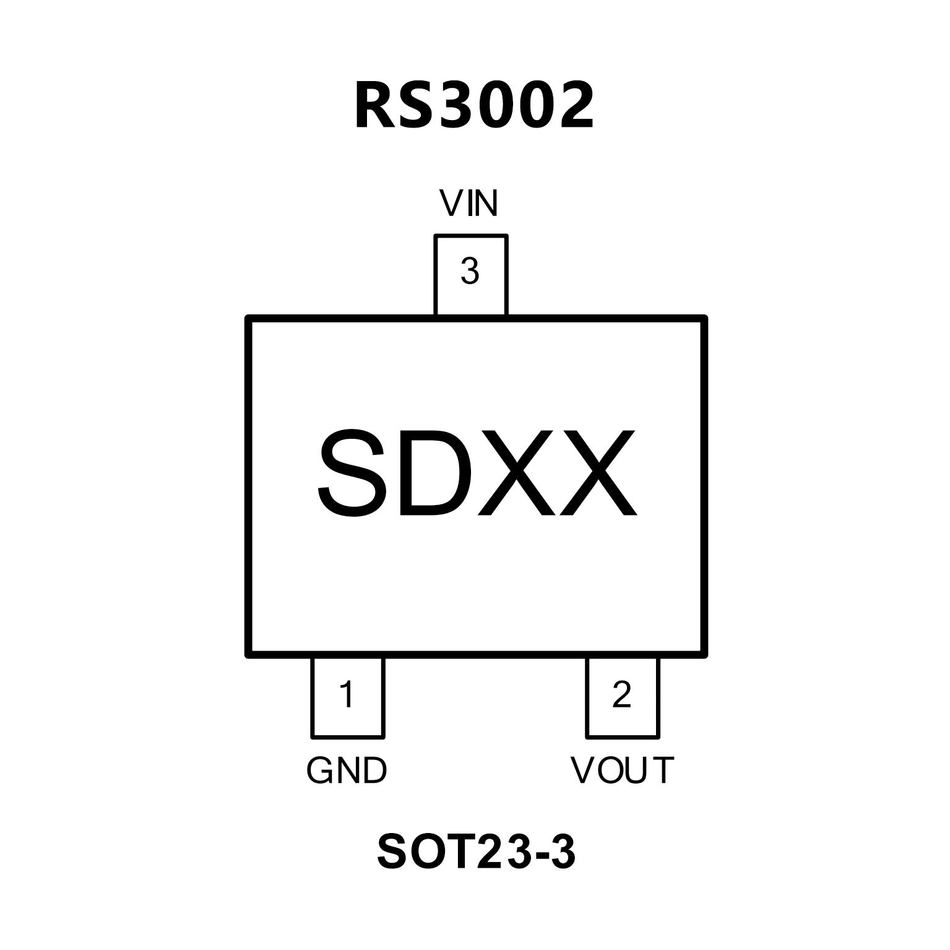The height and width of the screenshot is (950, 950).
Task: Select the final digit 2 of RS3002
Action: [x=572, y=106]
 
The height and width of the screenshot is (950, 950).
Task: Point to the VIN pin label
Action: [x=469, y=203]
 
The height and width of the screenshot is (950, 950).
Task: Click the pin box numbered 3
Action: [x=471, y=275]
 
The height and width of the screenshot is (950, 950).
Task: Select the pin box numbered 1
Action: [x=347, y=697]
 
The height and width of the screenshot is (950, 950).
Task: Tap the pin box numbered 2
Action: [x=622, y=697]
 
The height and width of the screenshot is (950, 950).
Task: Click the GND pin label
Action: [x=347, y=771]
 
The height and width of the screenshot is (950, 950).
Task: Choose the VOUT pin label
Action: [x=622, y=771]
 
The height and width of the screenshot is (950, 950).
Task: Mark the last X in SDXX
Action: [x=598, y=473]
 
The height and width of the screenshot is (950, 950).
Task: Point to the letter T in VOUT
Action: [x=663, y=771]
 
